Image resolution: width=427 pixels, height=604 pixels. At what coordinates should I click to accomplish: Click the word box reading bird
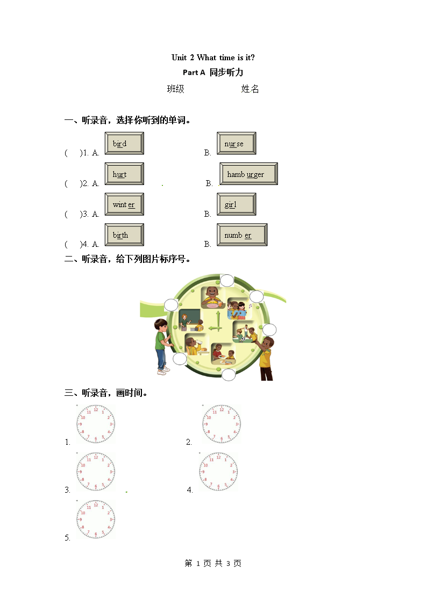(x=124, y=144)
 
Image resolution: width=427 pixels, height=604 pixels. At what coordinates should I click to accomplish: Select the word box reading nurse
(x=236, y=144)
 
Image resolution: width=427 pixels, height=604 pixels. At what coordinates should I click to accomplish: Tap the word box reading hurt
(x=124, y=174)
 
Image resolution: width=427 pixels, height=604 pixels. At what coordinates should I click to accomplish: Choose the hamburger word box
(x=248, y=174)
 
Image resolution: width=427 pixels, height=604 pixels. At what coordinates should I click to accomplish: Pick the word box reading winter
(x=124, y=204)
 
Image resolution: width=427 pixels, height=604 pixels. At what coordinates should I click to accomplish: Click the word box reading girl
(x=236, y=204)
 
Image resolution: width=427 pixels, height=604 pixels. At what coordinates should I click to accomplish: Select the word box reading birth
(x=124, y=235)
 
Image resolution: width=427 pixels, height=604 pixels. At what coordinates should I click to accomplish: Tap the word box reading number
(x=242, y=235)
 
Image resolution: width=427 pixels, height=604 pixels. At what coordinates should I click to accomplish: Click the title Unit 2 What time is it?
(x=213, y=58)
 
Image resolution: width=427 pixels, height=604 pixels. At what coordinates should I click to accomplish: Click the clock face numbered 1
(x=96, y=424)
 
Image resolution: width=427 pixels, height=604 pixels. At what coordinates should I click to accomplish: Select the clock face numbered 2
(x=221, y=424)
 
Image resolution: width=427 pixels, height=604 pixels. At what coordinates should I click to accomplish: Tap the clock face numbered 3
(x=96, y=472)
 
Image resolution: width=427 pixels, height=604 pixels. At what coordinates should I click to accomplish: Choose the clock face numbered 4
(x=218, y=472)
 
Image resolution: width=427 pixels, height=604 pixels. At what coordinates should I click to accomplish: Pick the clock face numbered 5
(x=96, y=519)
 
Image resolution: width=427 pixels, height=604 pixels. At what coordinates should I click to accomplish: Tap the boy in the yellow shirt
(x=266, y=358)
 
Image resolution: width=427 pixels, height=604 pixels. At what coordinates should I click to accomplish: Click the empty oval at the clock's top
(x=227, y=280)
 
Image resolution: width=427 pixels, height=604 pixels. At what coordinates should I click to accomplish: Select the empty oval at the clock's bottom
(x=229, y=375)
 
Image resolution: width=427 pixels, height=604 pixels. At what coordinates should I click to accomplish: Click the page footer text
(x=213, y=563)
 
